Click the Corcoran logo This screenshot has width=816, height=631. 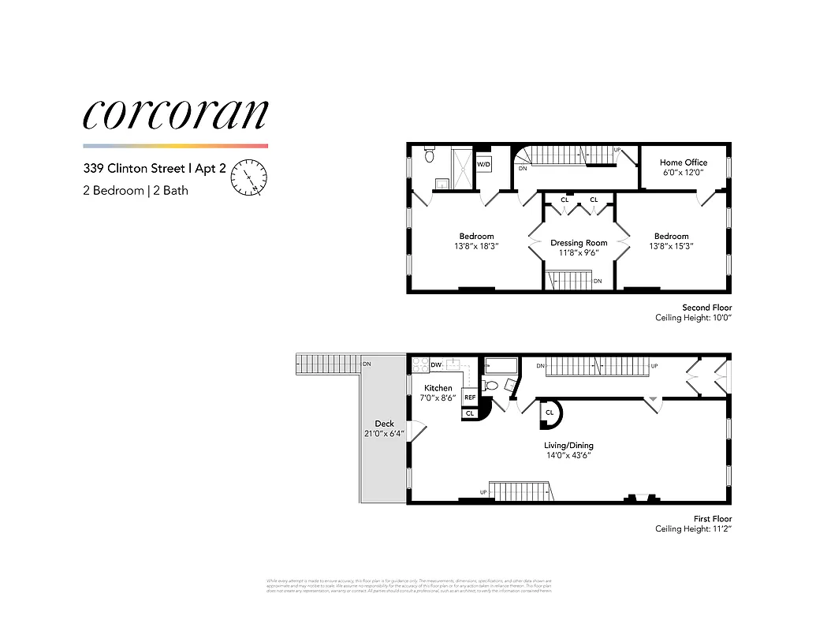175,114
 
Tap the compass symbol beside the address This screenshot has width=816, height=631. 249,177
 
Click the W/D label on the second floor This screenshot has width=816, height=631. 483,164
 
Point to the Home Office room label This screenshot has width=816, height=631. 684,162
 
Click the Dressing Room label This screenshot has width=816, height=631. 579,243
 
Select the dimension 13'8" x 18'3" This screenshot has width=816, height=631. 476,246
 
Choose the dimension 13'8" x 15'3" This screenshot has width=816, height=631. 671,246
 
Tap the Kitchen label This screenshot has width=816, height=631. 438,388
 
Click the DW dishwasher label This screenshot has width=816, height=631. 436,365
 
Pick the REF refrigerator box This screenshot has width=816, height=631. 470,398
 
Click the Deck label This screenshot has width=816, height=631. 385,424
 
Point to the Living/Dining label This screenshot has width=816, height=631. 568,446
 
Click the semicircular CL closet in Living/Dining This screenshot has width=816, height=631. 549,413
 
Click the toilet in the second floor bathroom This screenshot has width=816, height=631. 430,155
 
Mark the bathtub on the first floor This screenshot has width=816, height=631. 500,365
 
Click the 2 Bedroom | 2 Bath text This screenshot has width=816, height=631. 136,190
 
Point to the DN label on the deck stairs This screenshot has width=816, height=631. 367,364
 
